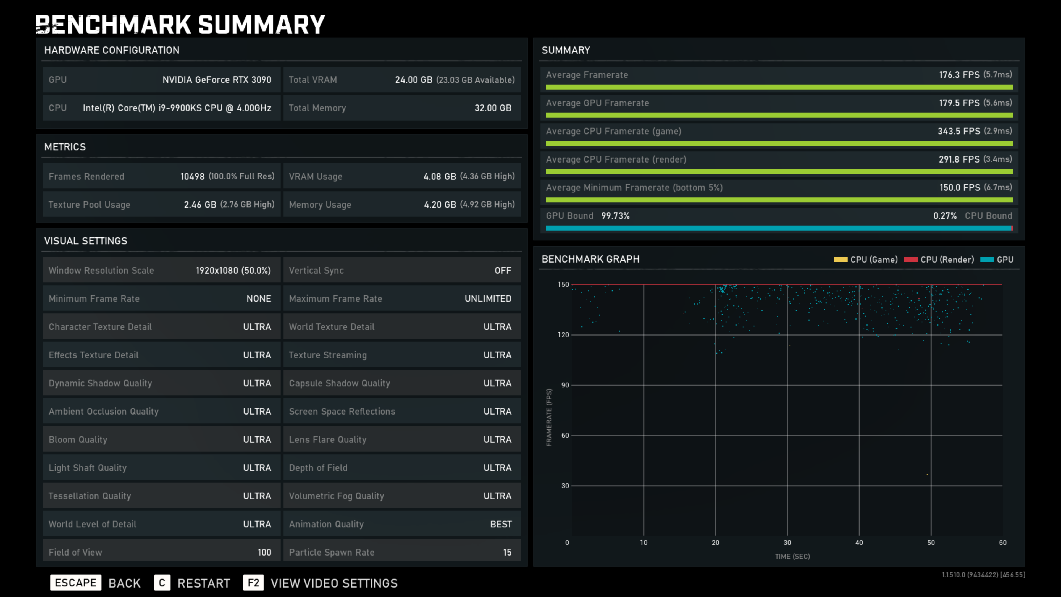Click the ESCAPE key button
point(75,583)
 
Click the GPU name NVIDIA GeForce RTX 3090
point(217,80)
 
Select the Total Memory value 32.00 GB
point(493,108)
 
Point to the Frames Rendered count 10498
point(192,176)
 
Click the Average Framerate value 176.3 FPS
point(959,75)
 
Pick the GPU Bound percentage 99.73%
point(615,216)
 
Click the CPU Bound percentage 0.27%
point(945,216)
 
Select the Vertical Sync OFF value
point(503,271)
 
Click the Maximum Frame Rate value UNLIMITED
point(488,299)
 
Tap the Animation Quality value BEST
point(500,524)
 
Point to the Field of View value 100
point(264,553)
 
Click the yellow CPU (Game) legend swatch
point(840,260)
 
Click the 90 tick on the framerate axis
point(565,385)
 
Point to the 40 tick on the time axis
point(859,543)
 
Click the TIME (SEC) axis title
point(792,557)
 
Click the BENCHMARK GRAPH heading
point(590,259)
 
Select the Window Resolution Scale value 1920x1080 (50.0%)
point(233,271)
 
